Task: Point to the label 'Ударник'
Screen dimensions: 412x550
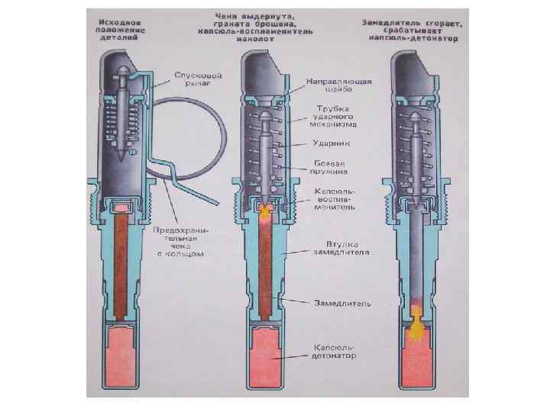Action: point(332,143)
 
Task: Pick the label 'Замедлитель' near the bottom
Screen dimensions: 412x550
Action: point(342,303)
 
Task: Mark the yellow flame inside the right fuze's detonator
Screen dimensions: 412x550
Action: point(417,330)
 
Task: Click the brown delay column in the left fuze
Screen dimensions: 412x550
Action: point(121,267)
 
